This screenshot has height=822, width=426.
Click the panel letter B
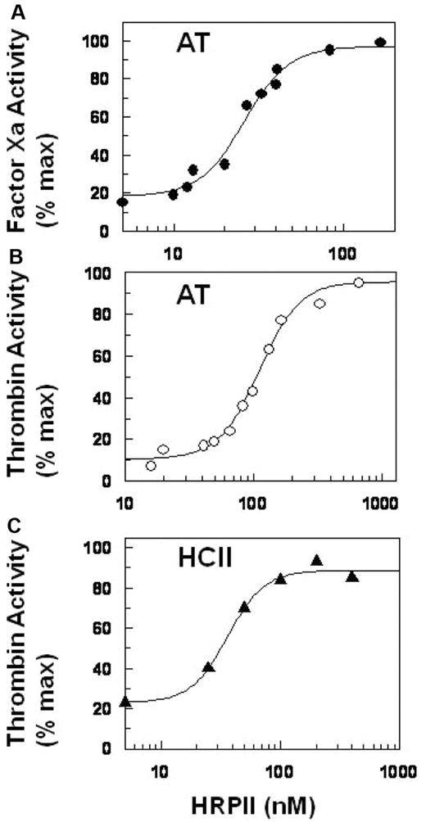pyautogui.click(x=7, y=263)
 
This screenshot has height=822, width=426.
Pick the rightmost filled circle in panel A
pyautogui.click(x=379, y=43)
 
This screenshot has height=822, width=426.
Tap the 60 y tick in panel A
pyautogui.click(x=101, y=117)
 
